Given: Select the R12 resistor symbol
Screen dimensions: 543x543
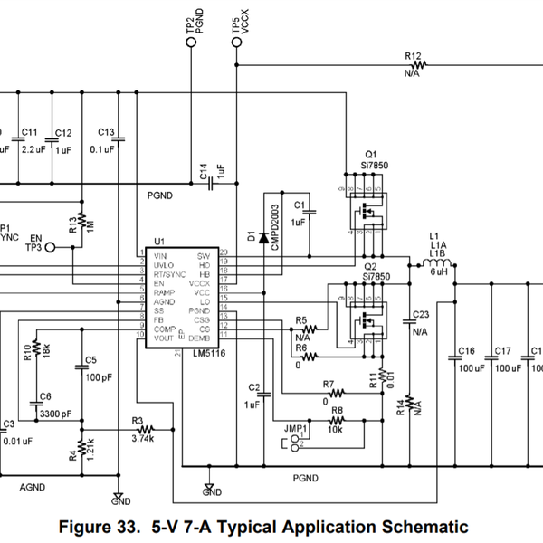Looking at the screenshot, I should (417, 64).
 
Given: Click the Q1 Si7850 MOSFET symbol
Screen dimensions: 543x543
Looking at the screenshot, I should (367, 212).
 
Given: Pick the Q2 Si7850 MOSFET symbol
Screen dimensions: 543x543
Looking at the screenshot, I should (367, 318).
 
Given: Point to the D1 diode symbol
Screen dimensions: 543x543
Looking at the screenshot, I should (263, 238).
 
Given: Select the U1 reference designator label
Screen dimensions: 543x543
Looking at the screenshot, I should (159, 242).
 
